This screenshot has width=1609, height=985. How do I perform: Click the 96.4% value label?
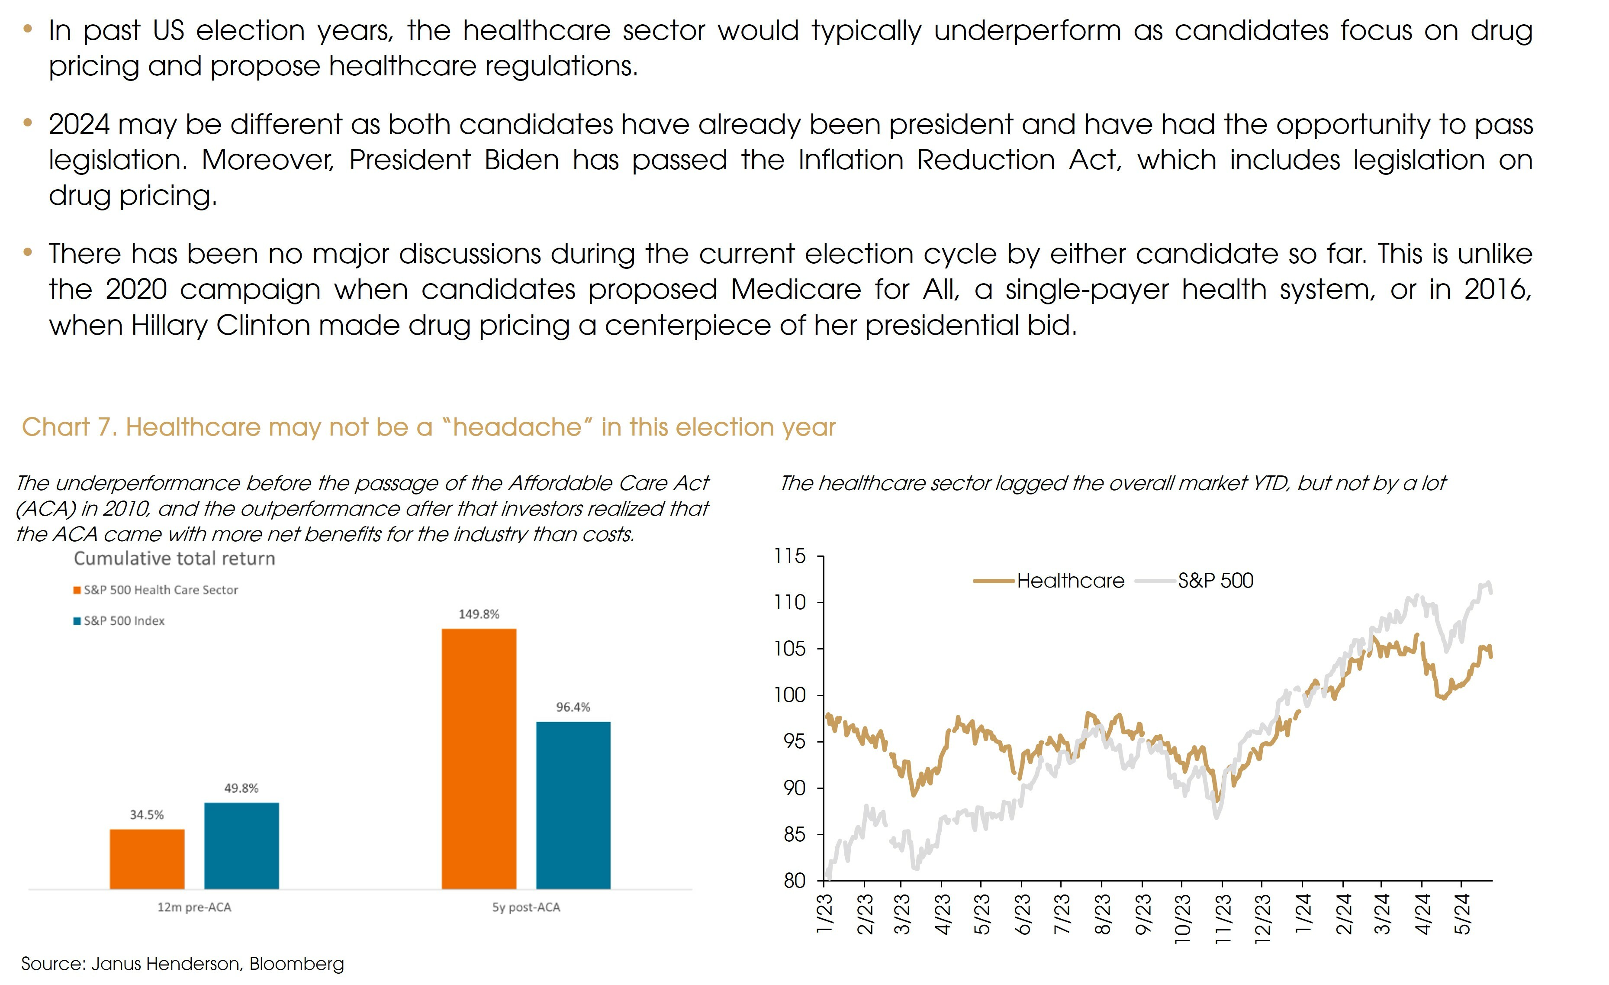(573, 707)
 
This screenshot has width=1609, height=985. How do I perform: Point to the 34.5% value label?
(147, 814)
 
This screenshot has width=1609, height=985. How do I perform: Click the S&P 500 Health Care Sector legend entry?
(156, 590)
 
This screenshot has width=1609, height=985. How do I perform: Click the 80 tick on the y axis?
(794, 881)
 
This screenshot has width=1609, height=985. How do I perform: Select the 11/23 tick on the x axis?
(1222, 918)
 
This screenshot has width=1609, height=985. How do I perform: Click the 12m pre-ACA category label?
(194, 907)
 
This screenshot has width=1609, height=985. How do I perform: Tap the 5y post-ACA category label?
(526, 907)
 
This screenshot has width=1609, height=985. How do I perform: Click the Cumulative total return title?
(174, 559)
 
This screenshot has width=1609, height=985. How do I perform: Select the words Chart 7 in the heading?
(68, 427)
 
